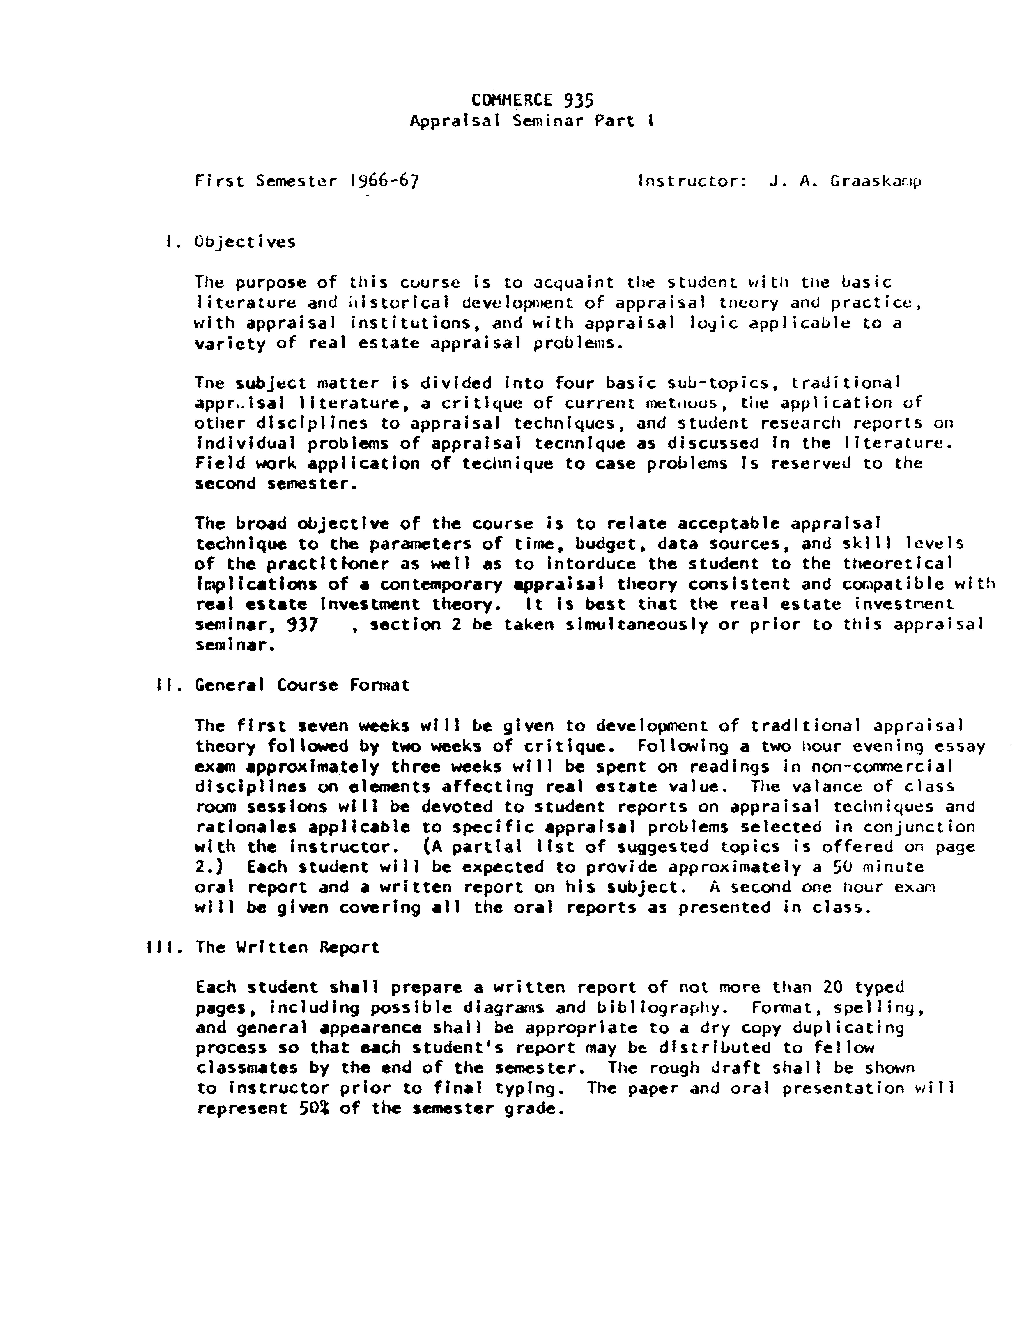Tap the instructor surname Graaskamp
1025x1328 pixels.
point(876,181)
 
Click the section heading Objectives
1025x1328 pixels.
point(245,242)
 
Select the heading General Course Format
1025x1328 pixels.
point(302,685)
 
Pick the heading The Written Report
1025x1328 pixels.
point(287,947)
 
